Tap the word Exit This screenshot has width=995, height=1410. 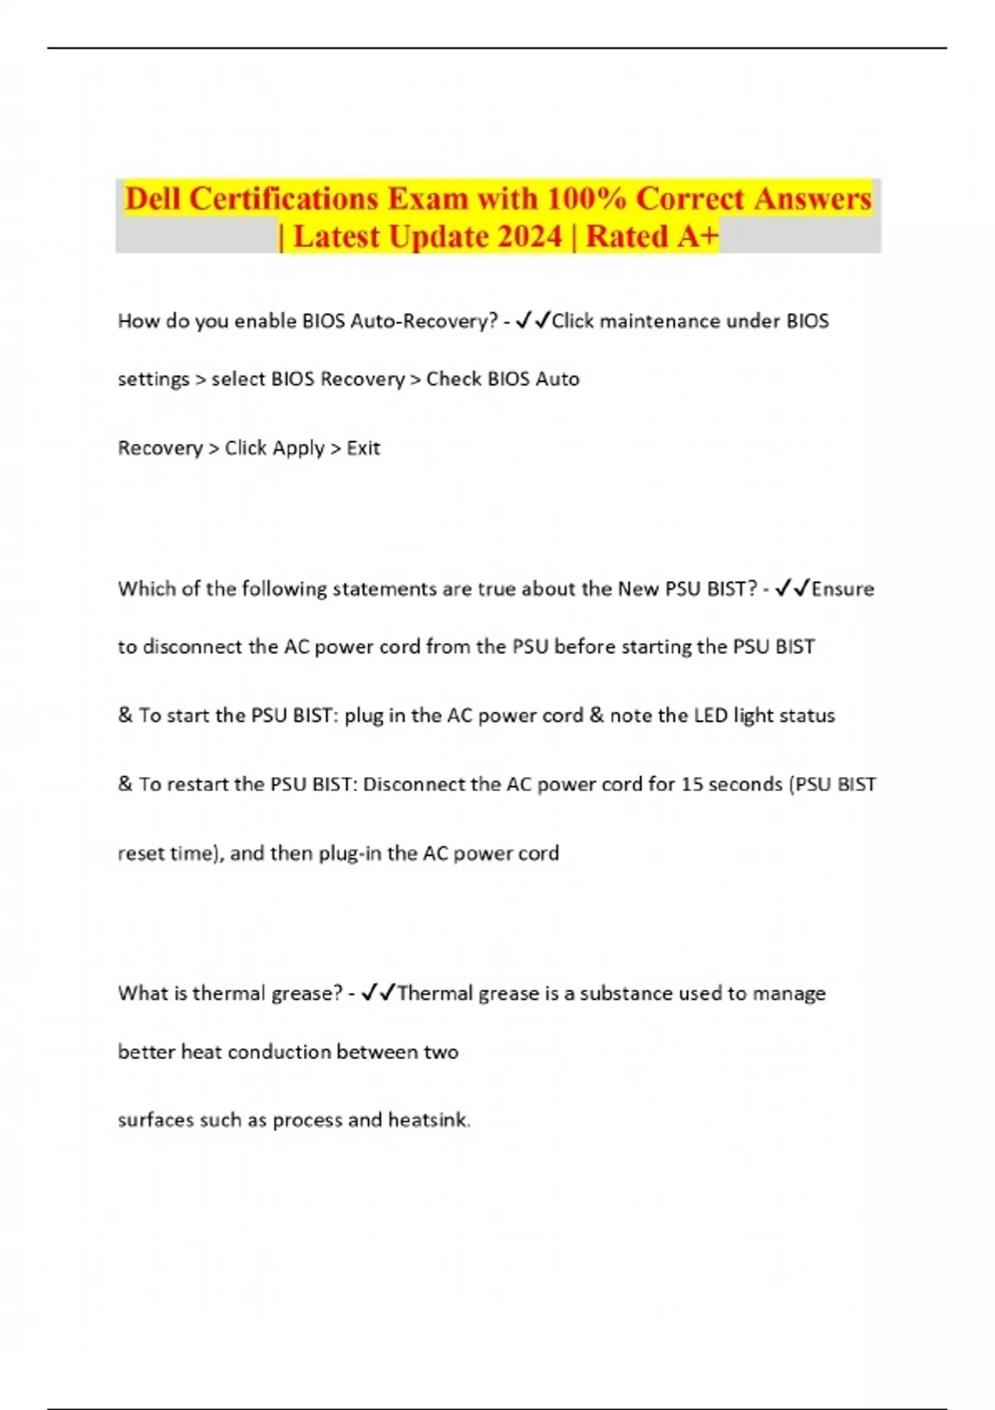pyautogui.click(x=363, y=448)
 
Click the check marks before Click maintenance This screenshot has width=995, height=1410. pyautogui.click(x=532, y=320)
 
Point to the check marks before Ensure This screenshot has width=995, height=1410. pyautogui.click(x=792, y=588)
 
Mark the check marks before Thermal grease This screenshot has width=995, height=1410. pyautogui.click(x=379, y=993)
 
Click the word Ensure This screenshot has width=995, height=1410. pyautogui.click(x=842, y=589)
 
